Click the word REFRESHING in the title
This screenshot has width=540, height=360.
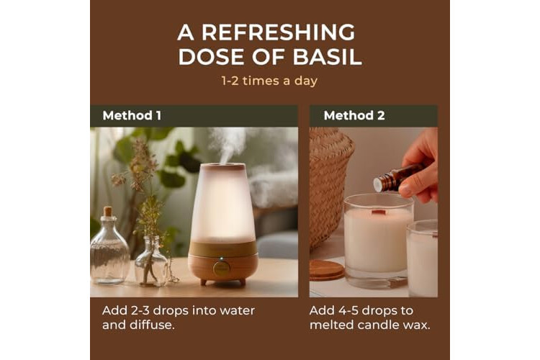tap(278, 32)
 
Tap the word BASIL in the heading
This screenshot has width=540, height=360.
tap(327, 57)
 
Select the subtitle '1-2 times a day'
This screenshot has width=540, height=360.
tap(269, 81)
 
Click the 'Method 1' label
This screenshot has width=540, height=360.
tap(132, 115)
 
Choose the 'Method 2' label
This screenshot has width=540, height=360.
tap(354, 115)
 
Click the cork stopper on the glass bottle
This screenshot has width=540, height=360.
tap(108, 211)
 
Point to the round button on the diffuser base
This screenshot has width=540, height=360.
tap(222, 269)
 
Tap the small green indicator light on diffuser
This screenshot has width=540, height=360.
tap(222, 258)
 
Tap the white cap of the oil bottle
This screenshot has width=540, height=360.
tap(378, 185)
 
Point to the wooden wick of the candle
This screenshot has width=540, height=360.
tap(379, 212)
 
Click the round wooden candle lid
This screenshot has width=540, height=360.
tap(325, 269)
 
